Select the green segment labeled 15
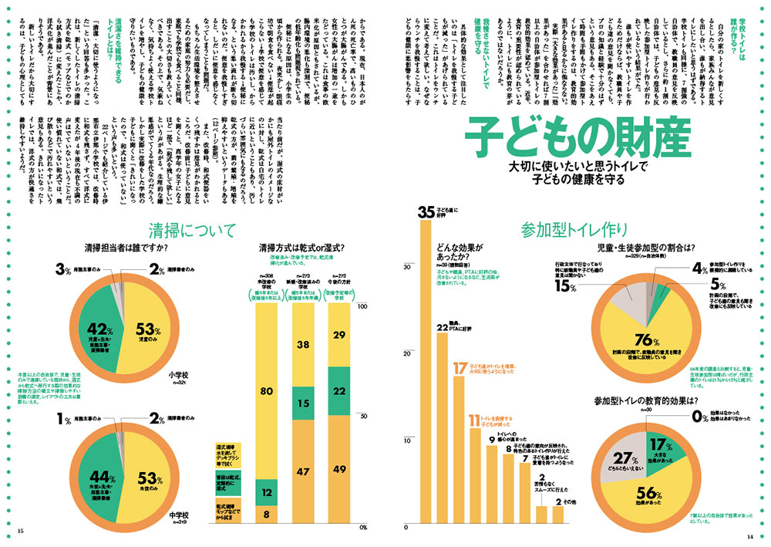pyautogui.click(x=304, y=403)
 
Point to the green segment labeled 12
pyautogui.click(x=266, y=491)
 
